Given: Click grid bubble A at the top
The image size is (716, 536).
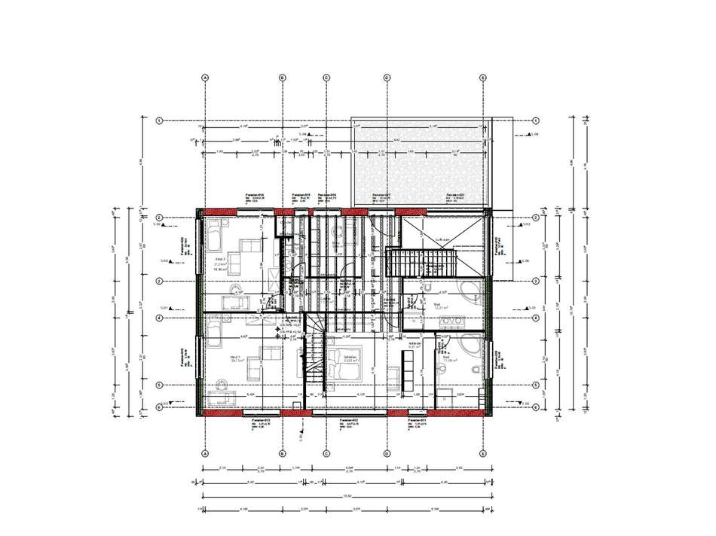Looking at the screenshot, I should (x=204, y=77).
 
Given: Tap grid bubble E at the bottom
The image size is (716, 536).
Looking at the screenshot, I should (x=482, y=454).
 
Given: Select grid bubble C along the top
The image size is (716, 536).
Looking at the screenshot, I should (x=327, y=77).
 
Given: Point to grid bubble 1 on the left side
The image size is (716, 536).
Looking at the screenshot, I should (x=159, y=120).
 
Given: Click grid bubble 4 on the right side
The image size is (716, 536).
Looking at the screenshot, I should (x=534, y=318).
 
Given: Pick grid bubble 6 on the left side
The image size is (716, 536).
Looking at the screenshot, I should (x=159, y=407).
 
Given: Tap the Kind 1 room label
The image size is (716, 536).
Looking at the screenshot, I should (x=235, y=358).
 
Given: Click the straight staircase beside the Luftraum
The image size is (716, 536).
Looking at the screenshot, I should (x=422, y=263).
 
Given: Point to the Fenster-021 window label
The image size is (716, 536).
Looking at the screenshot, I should (x=455, y=195).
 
